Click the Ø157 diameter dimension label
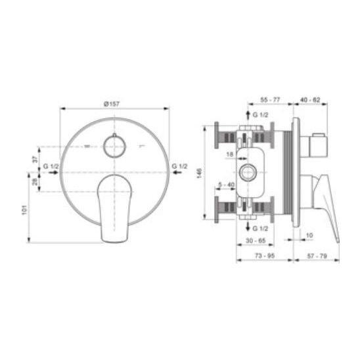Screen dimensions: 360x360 point(112,104)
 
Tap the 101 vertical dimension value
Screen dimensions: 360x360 point(24,210)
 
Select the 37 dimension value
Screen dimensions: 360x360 point(35,160)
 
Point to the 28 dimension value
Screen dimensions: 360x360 point(35,182)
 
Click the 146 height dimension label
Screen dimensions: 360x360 point(199,173)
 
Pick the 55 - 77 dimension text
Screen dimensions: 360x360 point(270,100)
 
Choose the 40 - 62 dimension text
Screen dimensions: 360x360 point(310,100)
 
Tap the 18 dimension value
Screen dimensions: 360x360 point(230,154)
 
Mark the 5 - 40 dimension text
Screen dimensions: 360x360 point(227,185)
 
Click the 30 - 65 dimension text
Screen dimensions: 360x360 point(256,240)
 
